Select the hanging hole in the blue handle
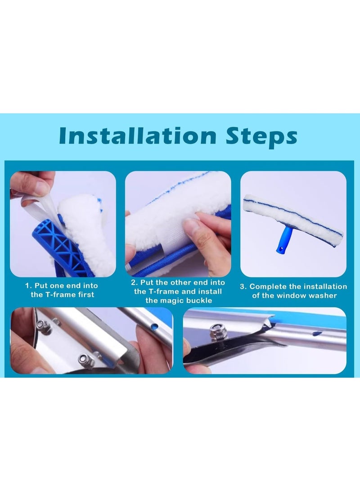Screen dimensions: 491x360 coord(283,248)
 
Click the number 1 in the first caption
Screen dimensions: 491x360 coord(27,286)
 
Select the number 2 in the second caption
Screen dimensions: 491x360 coord(134,282)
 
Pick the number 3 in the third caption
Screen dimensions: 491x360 coord(243,287)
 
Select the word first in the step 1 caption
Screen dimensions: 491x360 coord(85,295)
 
